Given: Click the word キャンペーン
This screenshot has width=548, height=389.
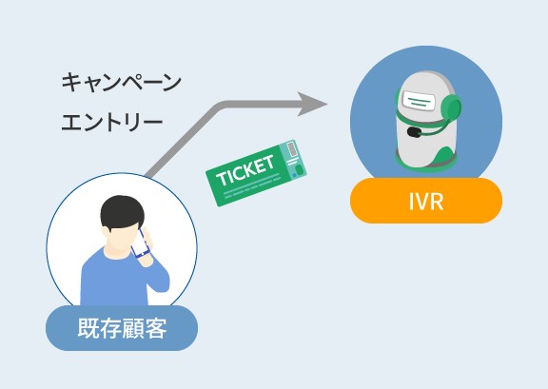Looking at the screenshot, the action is click(x=121, y=82).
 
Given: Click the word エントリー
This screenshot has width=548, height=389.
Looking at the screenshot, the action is click(x=112, y=123).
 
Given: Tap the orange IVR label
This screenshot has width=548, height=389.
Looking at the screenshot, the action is click(x=426, y=201).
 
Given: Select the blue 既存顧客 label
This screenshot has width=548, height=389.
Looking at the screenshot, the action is click(x=122, y=328).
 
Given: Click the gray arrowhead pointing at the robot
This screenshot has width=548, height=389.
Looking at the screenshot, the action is click(x=310, y=104).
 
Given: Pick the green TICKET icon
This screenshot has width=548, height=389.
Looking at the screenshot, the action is click(x=256, y=173).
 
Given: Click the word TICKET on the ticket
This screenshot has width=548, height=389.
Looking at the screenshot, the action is click(x=245, y=170).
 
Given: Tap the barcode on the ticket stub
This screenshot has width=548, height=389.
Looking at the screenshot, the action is click(x=291, y=149).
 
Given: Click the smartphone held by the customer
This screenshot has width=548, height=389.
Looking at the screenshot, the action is click(x=141, y=243).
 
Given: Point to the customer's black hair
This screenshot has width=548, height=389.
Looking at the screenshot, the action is click(x=122, y=212).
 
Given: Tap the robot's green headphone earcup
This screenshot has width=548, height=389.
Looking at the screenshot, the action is click(x=451, y=107).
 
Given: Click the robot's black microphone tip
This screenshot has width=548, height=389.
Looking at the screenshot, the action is click(x=414, y=132).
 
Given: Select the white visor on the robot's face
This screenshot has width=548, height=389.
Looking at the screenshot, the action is click(x=419, y=100).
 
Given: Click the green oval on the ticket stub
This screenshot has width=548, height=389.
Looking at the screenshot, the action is click(x=299, y=170).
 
